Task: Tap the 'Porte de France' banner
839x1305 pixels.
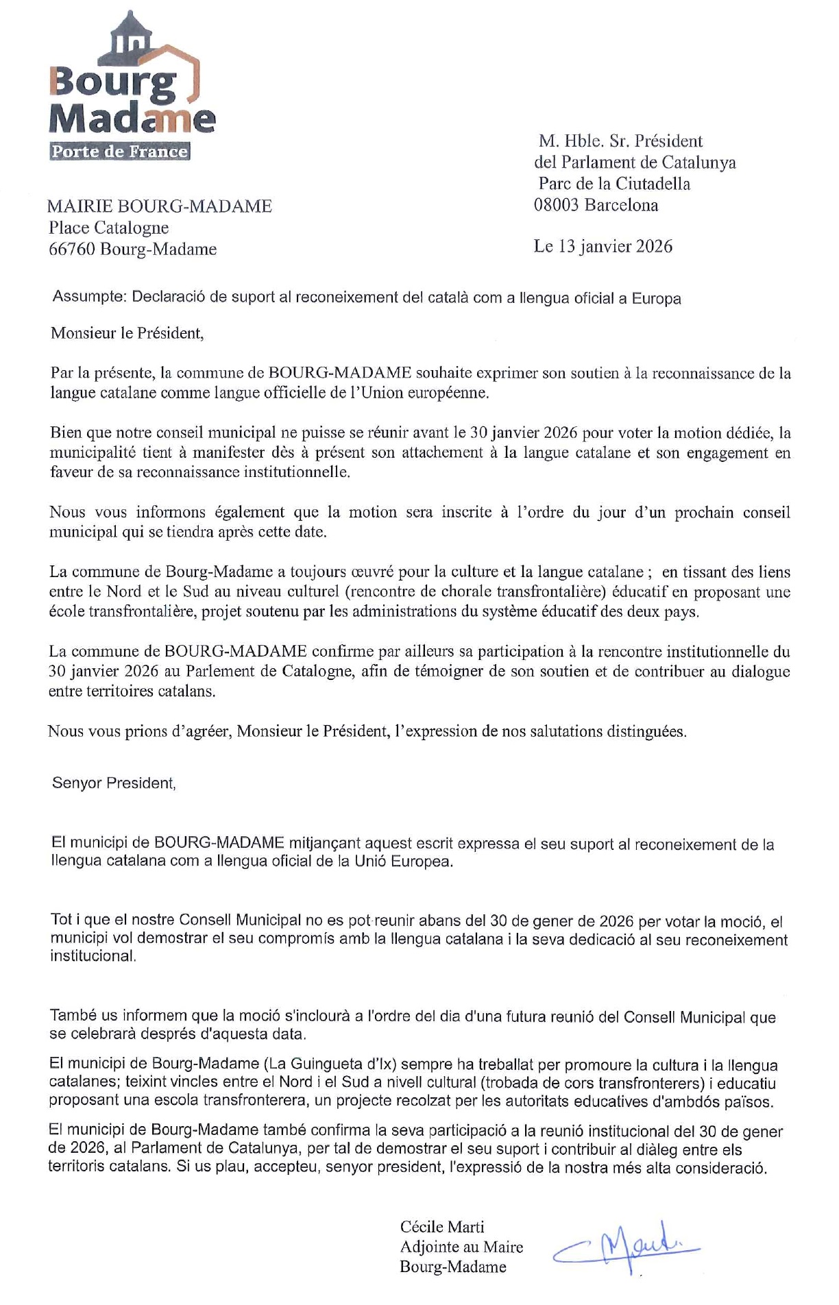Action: coord(120,151)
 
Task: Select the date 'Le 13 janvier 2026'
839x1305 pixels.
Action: coord(603,247)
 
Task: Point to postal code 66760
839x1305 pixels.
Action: coord(72,249)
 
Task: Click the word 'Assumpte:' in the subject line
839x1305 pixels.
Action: coord(89,297)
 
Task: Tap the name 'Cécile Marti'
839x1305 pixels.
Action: coord(442,1227)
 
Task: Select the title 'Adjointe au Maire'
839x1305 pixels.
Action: coord(461,1247)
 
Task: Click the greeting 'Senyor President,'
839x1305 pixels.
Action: coord(114,783)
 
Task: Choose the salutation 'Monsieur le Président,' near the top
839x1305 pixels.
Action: coord(127,334)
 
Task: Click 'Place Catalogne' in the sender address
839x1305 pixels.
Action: coord(108,228)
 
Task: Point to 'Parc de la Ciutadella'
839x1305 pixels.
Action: coord(614,184)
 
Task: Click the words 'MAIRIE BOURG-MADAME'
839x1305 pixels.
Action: coord(160,206)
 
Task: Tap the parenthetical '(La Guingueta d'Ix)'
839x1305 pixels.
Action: coord(330,1064)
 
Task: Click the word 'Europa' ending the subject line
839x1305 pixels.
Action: coord(656,298)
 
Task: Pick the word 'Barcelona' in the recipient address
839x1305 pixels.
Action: coord(621,205)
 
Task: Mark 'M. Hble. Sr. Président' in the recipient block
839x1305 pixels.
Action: coord(620,141)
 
